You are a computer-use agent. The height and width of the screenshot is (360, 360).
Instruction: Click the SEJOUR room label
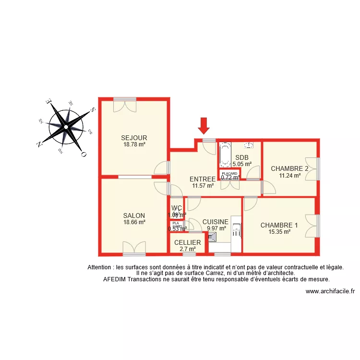pyautogui.click(x=134, y=138)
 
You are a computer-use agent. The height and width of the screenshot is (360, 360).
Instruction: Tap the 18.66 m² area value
pyautogui.click(x=134, y=222)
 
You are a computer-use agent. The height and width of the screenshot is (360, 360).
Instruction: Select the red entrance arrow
pyautogui.click(x=204, y=125)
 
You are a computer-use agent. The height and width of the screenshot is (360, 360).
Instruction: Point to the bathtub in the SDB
pyautogui.click(x=225, y=154)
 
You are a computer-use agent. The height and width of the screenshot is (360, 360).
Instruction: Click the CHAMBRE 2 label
pyautogui.click(x=289, y=168)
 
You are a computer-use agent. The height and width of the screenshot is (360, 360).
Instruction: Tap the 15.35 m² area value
pyautogui.click(x=279, y=232)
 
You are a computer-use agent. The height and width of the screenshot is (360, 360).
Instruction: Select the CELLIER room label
pyautogui.click(x=187, y=242)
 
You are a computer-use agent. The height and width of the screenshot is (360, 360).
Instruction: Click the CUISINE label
pyautogui.click(x=215, y=222)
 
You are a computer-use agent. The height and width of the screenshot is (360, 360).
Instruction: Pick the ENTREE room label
pyautogui.click(x=203, y=179)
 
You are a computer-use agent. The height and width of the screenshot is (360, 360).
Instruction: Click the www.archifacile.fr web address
pyautogui.click(x=330, y=291)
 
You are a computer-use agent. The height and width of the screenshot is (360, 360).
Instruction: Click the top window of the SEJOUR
pyautogui.click(x=125, y=99)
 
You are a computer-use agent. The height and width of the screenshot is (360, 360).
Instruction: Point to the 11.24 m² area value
pyautogui.click(x=289, y=175)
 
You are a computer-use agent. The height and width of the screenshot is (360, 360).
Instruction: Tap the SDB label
pyautogui.click(x=241, y=157)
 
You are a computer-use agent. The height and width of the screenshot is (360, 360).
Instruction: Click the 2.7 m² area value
pyautogui.click(x=187, y=249)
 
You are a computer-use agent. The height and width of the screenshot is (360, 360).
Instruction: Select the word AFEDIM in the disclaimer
pyautogui.click(x=114, y=279)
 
